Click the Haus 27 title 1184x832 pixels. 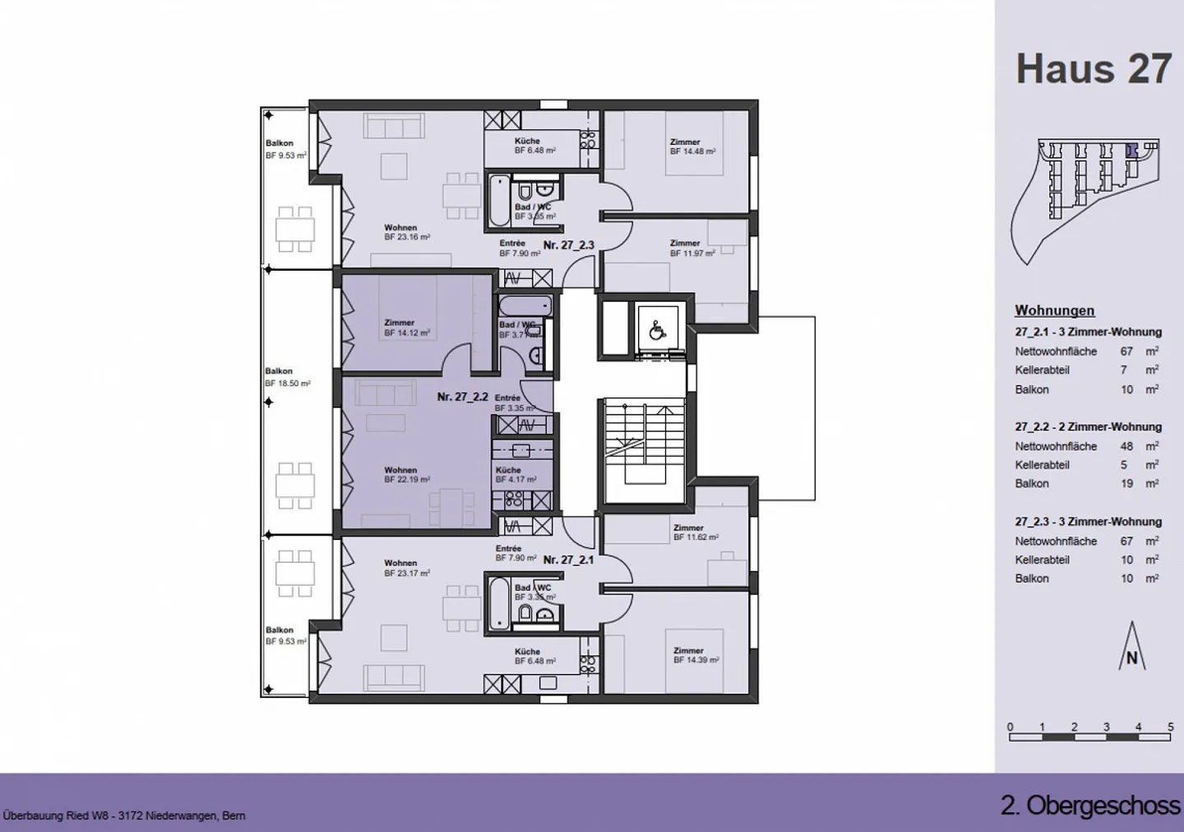click(1093, 68)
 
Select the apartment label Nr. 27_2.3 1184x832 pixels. click(568, 245)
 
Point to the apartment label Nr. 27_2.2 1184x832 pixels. click(462, 397)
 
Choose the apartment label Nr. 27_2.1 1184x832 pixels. click(568, 560)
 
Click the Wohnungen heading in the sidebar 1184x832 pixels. click(1054, 310)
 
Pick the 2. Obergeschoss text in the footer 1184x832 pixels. click(1089, 805)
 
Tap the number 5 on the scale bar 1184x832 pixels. click(1170, 727)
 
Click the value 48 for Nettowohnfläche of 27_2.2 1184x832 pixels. click(1126, 446)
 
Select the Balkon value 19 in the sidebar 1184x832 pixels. click(1126, 484)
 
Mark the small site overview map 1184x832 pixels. click(1087, 198)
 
